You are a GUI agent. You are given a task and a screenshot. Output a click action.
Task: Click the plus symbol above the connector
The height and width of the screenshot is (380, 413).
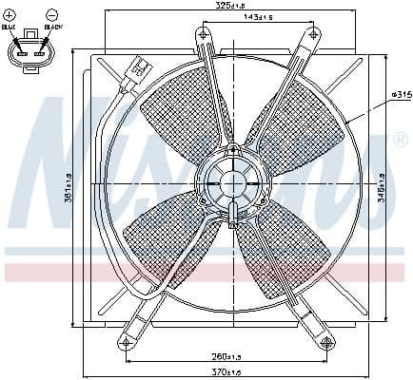pyautogui.click(x=10, y=13)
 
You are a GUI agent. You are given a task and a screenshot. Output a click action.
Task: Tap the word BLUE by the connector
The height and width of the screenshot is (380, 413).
pyautogui.click(x=10, y=28)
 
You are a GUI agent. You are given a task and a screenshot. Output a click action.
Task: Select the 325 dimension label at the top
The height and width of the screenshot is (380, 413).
pyautogui.click(x=226, y=7)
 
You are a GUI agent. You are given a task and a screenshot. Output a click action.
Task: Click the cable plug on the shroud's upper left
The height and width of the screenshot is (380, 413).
pyautogui.click(x=137, y=68)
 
